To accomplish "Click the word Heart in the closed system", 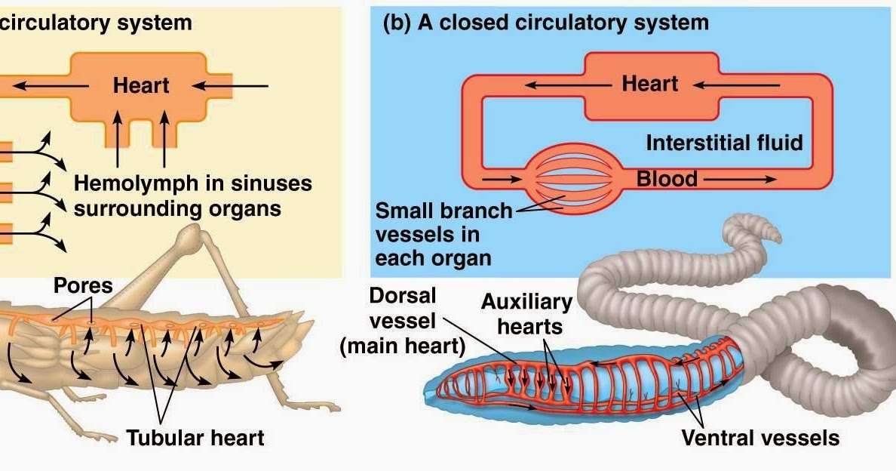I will click(650, 84).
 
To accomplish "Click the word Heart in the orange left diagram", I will click(141, 85).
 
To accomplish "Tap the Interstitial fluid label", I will click(724, 142).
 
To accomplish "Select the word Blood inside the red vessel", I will click(667, 180).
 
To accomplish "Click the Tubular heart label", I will click(195, 437).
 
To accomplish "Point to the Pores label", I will click(83, 286).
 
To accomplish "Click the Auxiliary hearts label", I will click(526, 314).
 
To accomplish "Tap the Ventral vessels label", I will click(759, 437).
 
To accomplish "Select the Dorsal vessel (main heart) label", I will click(403, 320).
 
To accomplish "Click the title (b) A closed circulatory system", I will click(546, 23).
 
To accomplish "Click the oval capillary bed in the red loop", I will click(574, 180).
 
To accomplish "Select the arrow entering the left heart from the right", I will click(235, 85).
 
